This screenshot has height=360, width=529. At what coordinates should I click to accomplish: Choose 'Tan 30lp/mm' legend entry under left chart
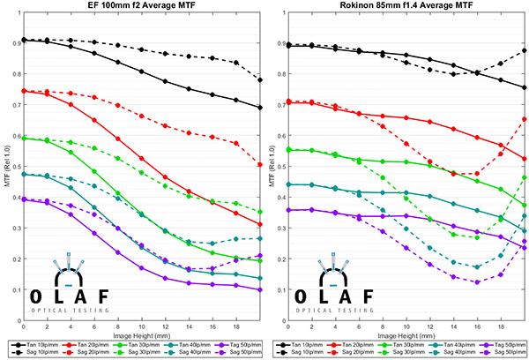(x=135, y=343)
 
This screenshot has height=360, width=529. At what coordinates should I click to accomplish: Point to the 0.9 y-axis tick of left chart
(x=14, y=41)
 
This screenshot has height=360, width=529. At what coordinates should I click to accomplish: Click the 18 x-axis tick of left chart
(x=235, y=327)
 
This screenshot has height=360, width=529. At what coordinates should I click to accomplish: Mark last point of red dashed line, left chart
(x=258, y=164)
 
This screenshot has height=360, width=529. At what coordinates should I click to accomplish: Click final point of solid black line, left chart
(x=258, y=108)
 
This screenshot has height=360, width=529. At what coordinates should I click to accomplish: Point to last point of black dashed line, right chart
(x=524, y=50)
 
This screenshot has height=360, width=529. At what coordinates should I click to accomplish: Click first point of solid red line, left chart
(x=23, y=90)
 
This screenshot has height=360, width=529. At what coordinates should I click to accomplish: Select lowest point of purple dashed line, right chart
(x=476, y=282)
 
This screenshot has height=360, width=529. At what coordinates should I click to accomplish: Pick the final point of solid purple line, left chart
(x=258, y=289)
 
